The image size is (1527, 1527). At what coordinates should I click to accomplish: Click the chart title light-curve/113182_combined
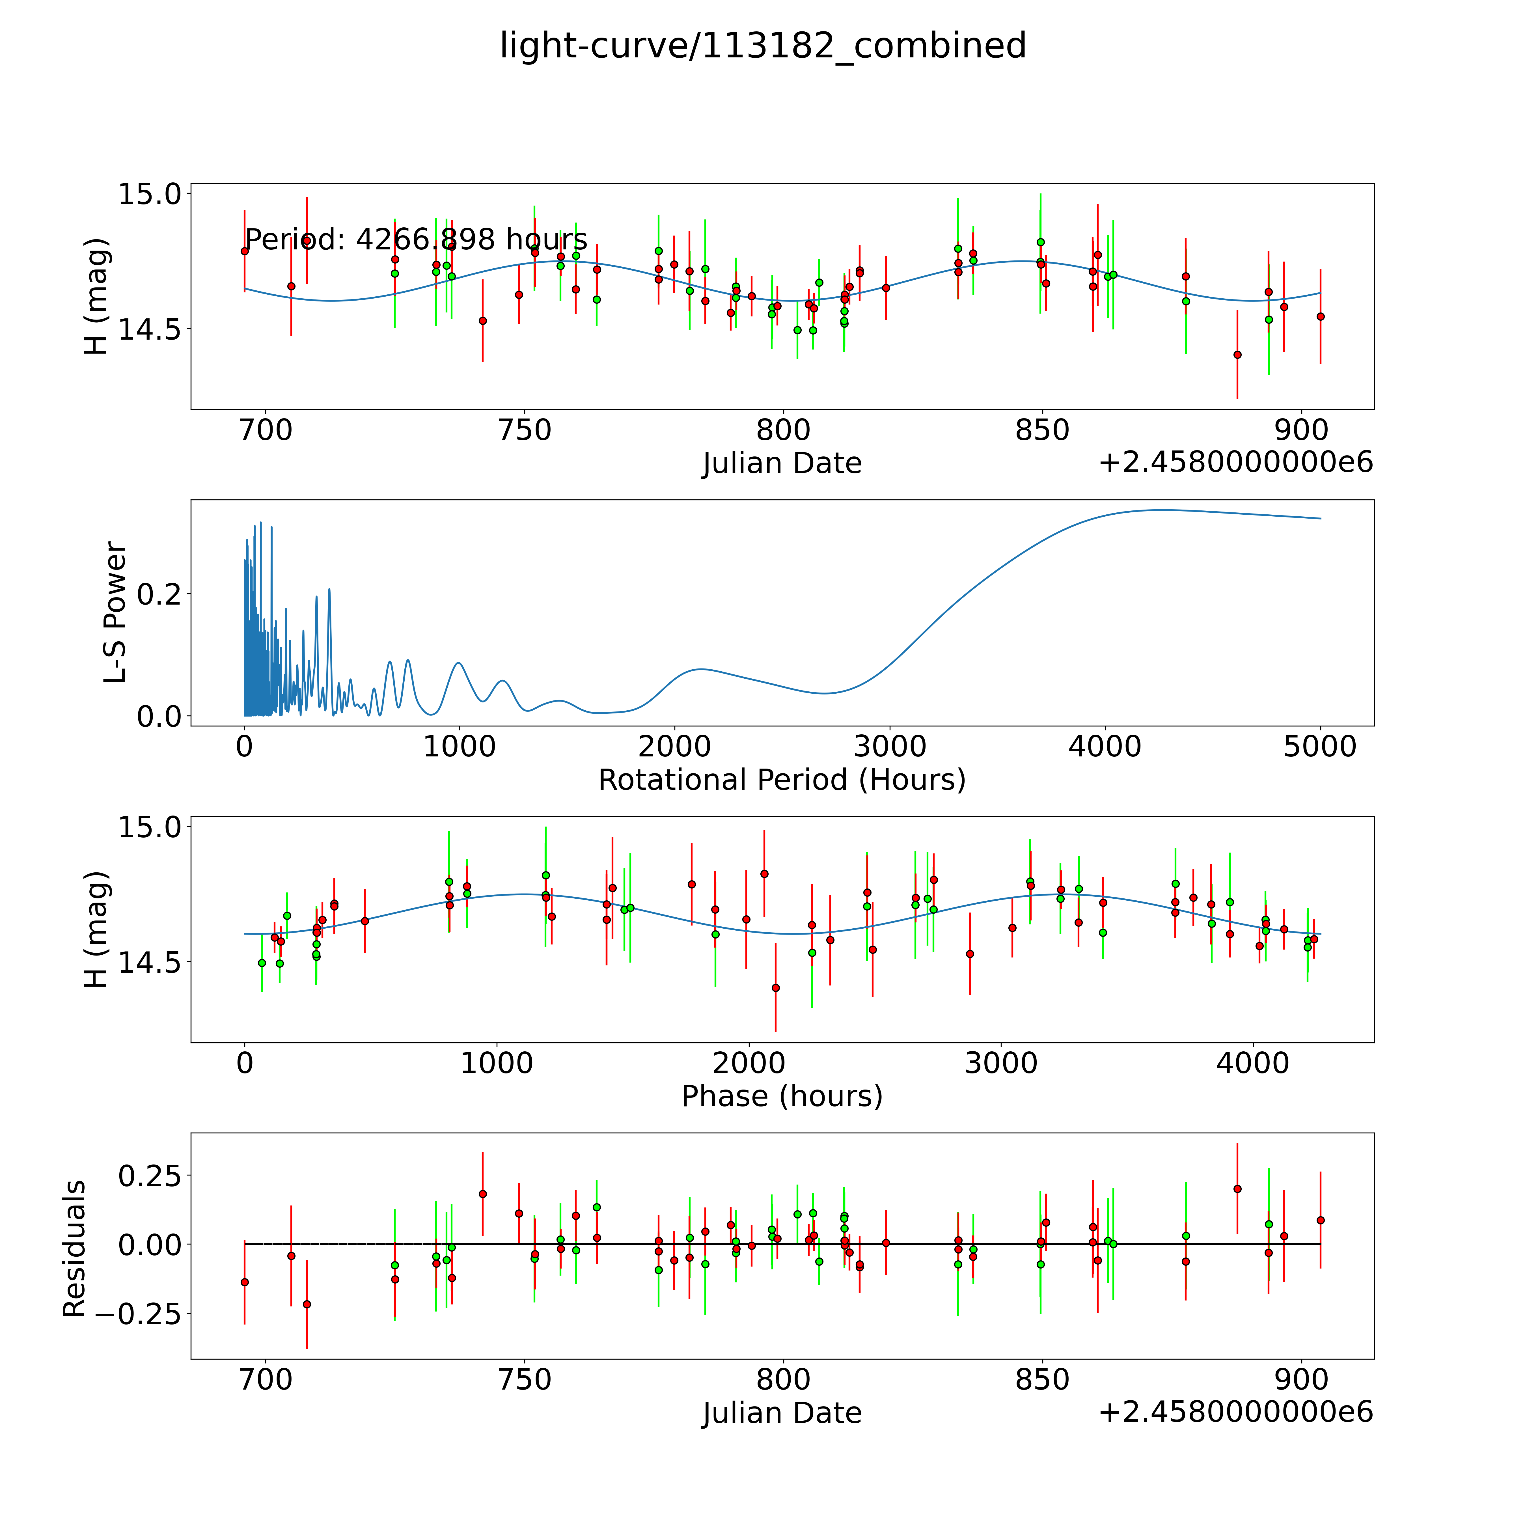click(763, 46)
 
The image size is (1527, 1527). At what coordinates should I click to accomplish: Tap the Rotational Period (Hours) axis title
click(782, 780)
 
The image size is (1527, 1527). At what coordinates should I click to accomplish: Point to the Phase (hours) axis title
click(782, 1096)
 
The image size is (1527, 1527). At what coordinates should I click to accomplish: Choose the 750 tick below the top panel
click(525, 431)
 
